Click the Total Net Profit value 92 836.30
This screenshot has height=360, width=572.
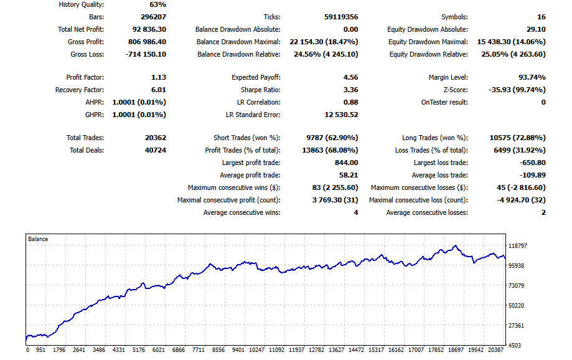(149, 29)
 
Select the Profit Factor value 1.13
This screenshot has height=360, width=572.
(159, 77)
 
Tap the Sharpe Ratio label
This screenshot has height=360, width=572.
(260, 90)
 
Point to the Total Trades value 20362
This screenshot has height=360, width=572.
(156, 138)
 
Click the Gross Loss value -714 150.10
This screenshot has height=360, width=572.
(146, 54)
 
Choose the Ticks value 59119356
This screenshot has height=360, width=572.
(341, 17)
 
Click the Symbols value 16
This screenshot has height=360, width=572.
(542, 17)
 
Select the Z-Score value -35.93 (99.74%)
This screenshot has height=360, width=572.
(517, 90)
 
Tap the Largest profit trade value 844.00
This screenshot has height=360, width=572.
(347, 163)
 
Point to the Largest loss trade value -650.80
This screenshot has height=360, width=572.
(533, 163)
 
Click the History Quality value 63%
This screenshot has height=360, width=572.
(158, 4)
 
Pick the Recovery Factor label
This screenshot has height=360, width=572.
(80, 90)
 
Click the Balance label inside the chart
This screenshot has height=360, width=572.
(38, 239)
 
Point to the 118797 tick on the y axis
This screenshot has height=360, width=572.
(518, 246)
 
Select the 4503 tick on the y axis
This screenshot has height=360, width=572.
(515, 345)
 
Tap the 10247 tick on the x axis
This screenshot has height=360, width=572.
(257, 350)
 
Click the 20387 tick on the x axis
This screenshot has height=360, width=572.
(496, 350)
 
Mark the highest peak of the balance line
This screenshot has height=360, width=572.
(455, 246)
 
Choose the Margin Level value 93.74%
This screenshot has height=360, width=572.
(532, 77)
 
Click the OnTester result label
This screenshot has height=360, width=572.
(444, 102)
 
